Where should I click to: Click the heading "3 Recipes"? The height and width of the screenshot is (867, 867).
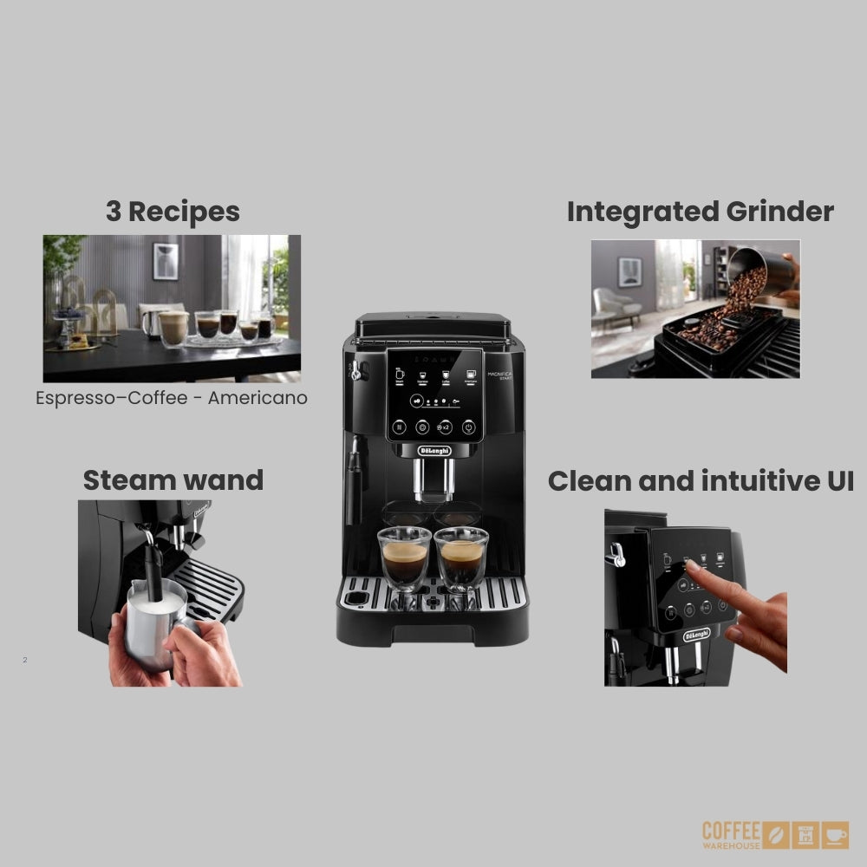coord(173,211)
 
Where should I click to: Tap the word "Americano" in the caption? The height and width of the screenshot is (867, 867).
coord(257,398)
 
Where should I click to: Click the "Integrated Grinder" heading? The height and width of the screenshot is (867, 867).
coord(700,212)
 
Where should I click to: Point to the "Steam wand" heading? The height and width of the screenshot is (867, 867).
coord(173,479)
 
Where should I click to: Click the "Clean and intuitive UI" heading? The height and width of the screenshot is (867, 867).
coord(701,480)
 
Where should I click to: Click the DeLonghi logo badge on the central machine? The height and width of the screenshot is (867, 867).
coord(433,450)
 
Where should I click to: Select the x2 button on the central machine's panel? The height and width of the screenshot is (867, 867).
coord(444,427)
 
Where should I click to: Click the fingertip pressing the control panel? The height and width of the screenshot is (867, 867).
coord(691,565)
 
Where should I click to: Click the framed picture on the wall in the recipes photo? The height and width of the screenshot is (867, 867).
coord(166,261)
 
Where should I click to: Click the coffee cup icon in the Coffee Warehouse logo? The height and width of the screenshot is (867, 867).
coord(836,835)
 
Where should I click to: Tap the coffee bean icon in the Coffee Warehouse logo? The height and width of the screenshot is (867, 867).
coord(777,835)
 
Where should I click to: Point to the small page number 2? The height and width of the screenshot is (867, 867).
coord(25,660)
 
